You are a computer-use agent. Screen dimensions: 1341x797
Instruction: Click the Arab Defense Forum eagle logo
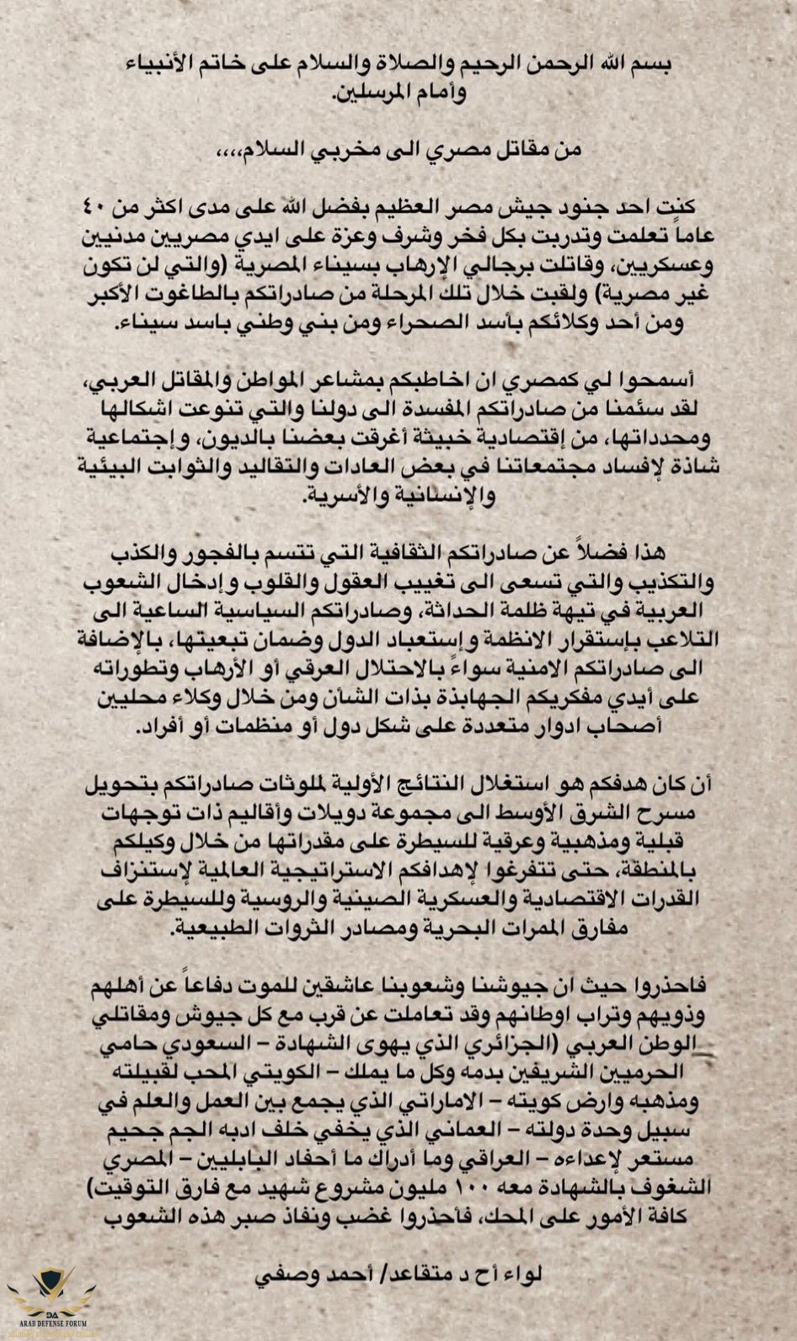tap(51, 1301)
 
